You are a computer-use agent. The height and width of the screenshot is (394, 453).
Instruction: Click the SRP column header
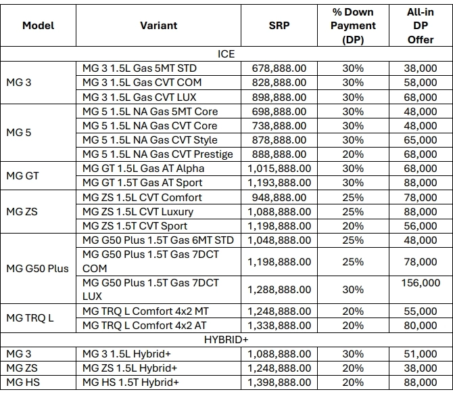(x=279, y=26)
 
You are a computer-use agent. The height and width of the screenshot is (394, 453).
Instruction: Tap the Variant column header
(x=159, y=26)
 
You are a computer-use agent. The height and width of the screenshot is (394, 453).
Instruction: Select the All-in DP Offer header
(x=421, y=26)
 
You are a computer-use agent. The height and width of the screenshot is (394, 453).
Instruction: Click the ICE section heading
(x=226, y=53)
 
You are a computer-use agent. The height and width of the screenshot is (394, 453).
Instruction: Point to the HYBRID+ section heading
(x=226, y=339)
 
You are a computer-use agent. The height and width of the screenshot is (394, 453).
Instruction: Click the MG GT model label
(x=22, y=175)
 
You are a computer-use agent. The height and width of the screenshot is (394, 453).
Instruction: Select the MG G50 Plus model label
(x=38, y=269)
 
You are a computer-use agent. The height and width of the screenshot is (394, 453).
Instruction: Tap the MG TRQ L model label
(x=30, y=318)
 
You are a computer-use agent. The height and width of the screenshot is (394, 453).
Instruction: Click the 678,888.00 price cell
(x=279, y=68)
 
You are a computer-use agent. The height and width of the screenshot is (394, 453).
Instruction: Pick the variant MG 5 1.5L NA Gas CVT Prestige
(x=158, y=154)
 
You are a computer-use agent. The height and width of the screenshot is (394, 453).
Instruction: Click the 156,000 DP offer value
(x=421, y=282)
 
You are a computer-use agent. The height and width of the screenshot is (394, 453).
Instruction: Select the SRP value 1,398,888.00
(x=279, y=382)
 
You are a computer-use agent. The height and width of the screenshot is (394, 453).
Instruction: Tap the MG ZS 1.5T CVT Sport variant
(x=135, y=226)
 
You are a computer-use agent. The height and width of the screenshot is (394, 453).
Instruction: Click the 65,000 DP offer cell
(x=421, y=140)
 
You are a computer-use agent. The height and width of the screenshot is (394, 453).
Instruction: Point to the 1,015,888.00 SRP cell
(x=279, y=169)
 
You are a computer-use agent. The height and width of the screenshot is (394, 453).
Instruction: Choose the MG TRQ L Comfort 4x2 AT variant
(x=144, y=326)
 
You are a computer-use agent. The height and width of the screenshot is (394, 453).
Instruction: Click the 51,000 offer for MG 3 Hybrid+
(x=421, y=354)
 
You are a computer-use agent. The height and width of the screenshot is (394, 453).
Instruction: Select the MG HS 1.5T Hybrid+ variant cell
(x=130, y=382)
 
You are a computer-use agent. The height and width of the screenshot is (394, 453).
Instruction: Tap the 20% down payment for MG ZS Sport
(x=353, y=226)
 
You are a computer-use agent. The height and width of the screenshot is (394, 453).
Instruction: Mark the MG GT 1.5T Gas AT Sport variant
(x=142, y=183)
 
